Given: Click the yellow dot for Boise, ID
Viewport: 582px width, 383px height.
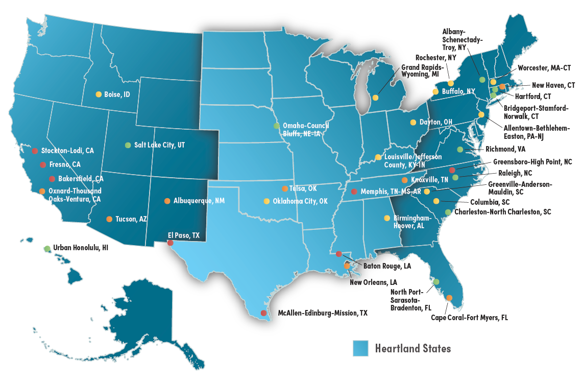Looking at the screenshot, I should pos(99,94).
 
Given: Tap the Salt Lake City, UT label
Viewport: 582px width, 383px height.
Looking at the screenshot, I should pos(159,145).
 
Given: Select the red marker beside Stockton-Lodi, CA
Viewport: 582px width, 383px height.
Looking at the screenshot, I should pos(35,151).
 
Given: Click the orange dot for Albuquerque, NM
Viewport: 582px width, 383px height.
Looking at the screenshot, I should pos(167,201).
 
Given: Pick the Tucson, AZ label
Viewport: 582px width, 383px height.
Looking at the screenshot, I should pos(131,219).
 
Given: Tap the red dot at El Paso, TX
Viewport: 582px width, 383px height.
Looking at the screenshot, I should pos(170,243).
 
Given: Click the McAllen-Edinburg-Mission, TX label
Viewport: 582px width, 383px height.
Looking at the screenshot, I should pos(322,313).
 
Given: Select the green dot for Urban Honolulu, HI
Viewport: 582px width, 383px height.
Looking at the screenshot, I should pos(47,248).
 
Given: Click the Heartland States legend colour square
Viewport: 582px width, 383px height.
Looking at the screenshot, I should pos(361,348).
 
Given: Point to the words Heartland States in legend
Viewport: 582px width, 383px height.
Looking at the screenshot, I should pos(413,349).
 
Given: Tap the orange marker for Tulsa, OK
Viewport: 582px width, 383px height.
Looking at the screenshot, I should pos(285,188).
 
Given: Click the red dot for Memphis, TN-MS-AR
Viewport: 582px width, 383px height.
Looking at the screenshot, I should pos(354,192).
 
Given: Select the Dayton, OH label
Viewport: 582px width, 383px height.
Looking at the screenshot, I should pos(436,122).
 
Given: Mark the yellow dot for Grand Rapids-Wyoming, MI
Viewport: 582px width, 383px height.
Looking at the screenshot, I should pos(376,98).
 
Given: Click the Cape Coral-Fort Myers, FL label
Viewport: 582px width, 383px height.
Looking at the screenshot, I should pos(470,317).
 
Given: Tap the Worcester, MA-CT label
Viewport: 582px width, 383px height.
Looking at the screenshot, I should pos(544,68).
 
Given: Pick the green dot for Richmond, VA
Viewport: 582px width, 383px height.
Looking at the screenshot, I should pos(460,150).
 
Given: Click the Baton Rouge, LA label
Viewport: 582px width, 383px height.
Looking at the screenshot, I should pos(387,266).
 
